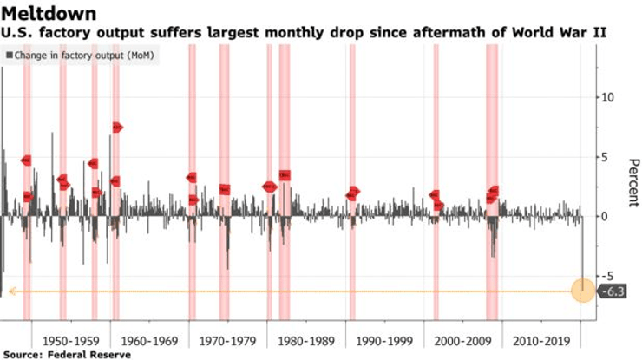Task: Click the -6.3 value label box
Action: [613, 291]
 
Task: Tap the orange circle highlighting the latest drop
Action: [582, 291]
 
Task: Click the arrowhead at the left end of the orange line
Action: [12, 291]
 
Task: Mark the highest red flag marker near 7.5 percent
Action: [117, 128]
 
